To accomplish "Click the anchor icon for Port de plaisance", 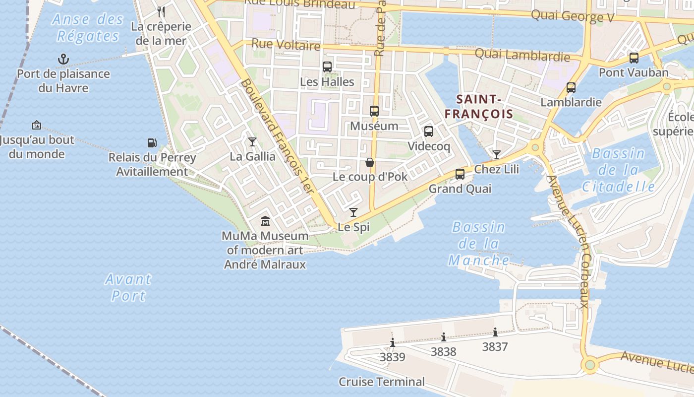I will coord(63,60).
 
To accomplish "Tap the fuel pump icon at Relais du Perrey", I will coord(152,143).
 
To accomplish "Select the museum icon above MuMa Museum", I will coord(265,221).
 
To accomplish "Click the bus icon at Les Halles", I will coord(327,67).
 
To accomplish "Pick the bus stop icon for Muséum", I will coord(374,111).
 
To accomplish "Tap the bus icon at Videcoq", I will coord(429,132).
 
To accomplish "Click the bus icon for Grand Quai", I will coord(460,174).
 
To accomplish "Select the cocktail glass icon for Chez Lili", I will coord(496,155).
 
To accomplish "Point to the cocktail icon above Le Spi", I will coord(353,212).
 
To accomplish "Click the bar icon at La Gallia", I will coord(252,142).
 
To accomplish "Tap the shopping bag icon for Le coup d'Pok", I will coord(370,162).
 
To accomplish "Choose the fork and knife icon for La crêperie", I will coord(161,11).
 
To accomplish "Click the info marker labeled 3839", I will coord(393,342).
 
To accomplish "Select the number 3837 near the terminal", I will coord(495,346).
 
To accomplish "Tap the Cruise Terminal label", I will coord(382,382).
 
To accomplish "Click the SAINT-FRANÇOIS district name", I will coord(479,107).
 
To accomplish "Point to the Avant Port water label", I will coord(128,287).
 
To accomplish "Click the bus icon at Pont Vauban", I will coord(634,58).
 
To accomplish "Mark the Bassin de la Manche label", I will coord(478,244).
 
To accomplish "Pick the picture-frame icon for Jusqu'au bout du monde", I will coord(36,125).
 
